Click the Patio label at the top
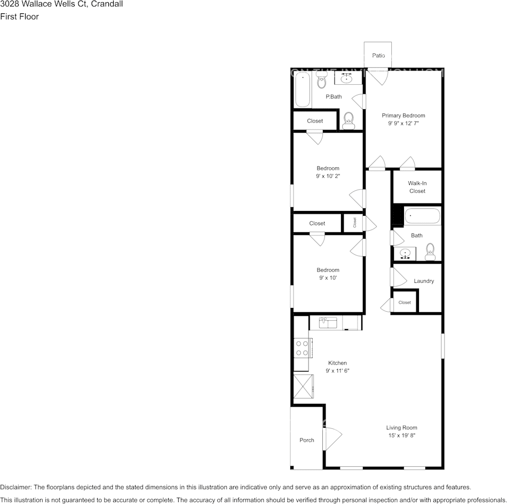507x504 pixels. (378, 55)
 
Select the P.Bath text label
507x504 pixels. (334, 96)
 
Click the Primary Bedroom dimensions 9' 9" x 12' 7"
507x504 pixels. (403, 123)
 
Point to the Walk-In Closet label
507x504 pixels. (417, 187)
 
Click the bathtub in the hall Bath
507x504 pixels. (422, 216)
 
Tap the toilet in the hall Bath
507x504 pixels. (430, 251)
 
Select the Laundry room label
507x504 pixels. (424, 281)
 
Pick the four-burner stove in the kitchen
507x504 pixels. (302, 348)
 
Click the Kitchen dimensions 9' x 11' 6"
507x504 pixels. (337, 370)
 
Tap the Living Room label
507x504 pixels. (401, 427)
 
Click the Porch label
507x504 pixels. (307, 440)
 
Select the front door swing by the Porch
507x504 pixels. (332, 438)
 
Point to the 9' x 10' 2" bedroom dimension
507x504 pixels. (328, 176)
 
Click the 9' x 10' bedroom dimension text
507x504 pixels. (328, 278)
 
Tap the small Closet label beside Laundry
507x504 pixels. (405, 302)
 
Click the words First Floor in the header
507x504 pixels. (19, 17)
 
